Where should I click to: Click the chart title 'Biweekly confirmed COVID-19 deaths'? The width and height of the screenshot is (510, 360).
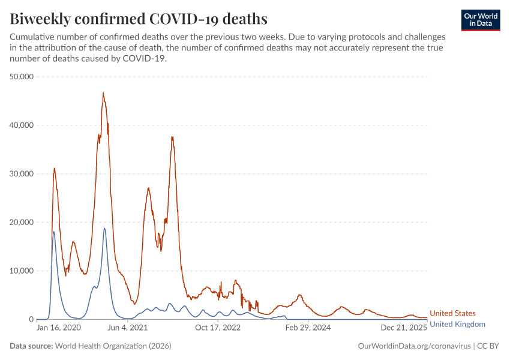pos(139,19)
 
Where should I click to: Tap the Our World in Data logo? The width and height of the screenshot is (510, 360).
pos(480,19)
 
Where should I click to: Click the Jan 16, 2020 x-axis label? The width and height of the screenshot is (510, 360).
pos(58,328)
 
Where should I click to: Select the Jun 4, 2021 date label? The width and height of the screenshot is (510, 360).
pos(127,328)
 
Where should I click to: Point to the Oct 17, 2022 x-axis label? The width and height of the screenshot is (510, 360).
pos(217,328)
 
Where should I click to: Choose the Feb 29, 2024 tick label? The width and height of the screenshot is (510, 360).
pos(308,328)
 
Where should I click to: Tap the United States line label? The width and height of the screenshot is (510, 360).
pos(452,313)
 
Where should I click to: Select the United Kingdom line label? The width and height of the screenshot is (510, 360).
pos(457,324)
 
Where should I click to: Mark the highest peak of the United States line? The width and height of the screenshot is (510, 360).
pos(103,93)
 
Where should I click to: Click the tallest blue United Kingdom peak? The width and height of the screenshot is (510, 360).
pos(104,228)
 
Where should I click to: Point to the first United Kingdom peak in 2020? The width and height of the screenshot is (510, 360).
pos(54,232)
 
